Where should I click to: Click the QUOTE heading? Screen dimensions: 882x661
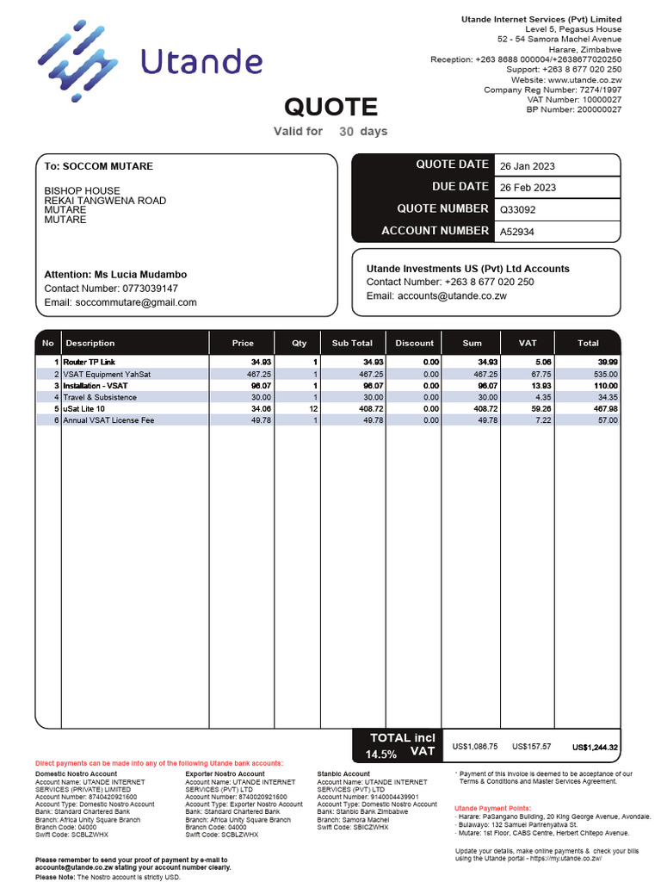[x=330, y=107]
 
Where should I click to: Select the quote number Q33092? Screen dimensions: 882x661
[x=518, y=209]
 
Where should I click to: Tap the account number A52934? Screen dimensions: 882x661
[x=517, y=232]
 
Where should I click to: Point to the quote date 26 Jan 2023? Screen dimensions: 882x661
[x=528, y=165]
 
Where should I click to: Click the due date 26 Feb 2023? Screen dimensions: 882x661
[x=528, y=188]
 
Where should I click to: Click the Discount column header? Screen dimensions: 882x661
[x=414, y=343]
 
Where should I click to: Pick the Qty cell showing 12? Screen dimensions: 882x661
[x=314, y=408]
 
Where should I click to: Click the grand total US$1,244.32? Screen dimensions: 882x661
[x=595, y=748]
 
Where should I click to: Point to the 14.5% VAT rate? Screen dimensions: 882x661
[x=381, y=754]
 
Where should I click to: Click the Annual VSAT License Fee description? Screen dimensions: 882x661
[x=109, y=419]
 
